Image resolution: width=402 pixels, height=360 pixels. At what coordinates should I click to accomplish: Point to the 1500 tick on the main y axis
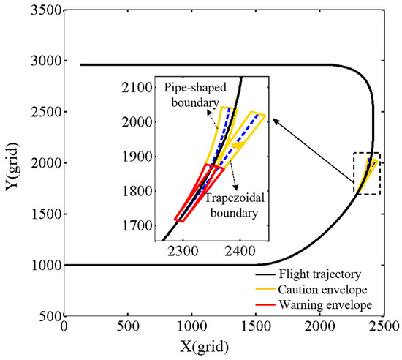[43, 214]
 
